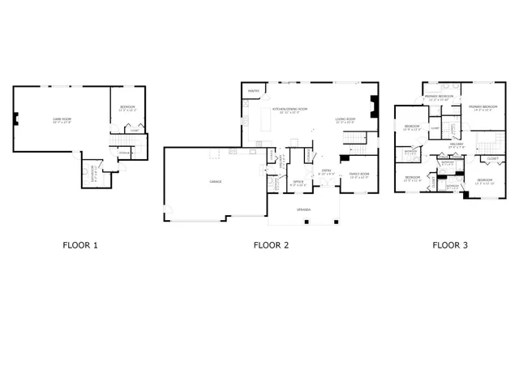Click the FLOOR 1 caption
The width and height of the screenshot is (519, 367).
pyautogui.click(x=79, y=244)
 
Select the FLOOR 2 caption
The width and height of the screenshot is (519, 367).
pyautogui.click(x=270, y=244)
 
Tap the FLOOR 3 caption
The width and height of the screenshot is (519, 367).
pyautogui.click(x=449, y=244)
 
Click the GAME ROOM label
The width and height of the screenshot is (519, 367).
pyautogui.click(x=62, y=119)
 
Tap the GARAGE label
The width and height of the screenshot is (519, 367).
pyautogui.click(x=216, y=181)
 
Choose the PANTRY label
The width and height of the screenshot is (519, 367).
pyautogui.click(x=254, y=91)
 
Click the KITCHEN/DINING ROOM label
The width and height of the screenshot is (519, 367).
pyautogui.click(x=290, y=109)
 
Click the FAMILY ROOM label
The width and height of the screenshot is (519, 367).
pyautogui.click(x=358, y=174)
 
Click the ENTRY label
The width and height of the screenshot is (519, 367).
pyautogui.click(x=324, y=173)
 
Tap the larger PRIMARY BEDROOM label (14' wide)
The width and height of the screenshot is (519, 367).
pyautogui.click(x=483, y=106)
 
